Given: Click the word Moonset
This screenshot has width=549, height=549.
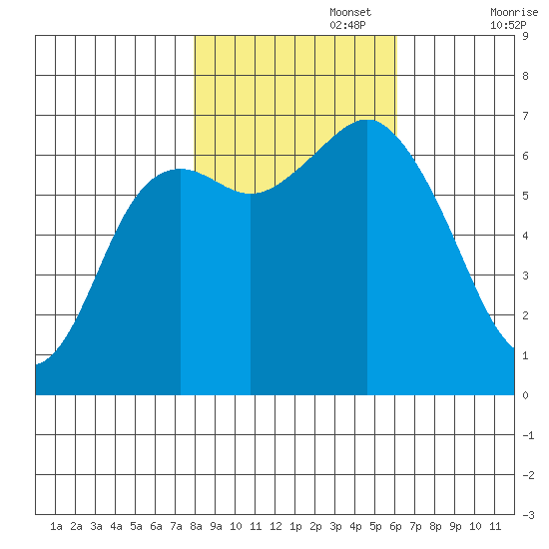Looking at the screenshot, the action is click(350, 13).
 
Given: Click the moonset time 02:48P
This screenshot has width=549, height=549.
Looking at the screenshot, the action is click(347, 25).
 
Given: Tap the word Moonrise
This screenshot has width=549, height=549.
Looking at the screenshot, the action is click(514, 13).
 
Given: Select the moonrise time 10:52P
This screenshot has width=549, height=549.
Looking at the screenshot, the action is click(508, 25).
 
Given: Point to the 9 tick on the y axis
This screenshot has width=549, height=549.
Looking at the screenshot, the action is click(525, 36).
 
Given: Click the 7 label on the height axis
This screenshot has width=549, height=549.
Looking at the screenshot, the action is click(525, 116).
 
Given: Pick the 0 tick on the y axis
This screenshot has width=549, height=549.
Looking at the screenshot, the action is click(525, 395).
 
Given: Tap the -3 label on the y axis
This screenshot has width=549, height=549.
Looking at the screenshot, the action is click(528, 515).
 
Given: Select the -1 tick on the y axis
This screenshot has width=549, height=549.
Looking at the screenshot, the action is click(528, 435).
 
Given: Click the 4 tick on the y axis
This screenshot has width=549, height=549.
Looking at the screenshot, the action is click(525, 236).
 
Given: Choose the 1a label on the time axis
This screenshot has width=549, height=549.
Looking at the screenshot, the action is click(56, 526).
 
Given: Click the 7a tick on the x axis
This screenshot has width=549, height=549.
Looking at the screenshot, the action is click(176, 526).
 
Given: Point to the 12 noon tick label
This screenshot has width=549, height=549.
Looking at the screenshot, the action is click(275, 526).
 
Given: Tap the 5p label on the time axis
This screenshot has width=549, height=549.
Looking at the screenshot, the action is click(375, 526).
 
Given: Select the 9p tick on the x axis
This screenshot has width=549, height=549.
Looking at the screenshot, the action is click(455, 526).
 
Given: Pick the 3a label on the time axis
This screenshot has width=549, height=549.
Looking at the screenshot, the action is click(96, 526).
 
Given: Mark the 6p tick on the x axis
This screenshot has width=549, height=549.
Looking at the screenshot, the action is click(395, 526).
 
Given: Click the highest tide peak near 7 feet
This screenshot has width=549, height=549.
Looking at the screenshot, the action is click(367, 120).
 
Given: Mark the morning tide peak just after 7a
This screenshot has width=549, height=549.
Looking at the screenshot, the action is click(181, 169).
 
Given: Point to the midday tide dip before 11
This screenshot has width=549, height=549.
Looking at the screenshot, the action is click(251, 194).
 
